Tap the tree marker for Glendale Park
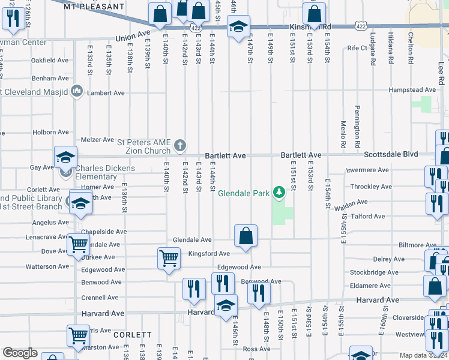pyautogui.click(x=279, y=193)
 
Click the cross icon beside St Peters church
pyautogui.click(x=179, y=145)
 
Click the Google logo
pyautogui.click(x=20, y=353)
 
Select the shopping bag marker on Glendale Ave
pyautogui.click(x=246, y=236)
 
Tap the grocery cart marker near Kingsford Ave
pyautogui.click(x=169, y=258)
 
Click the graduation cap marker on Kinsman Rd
pyautogui.click(x=238, y=27)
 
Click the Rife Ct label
pyautogui.click(x=357, y=48)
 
